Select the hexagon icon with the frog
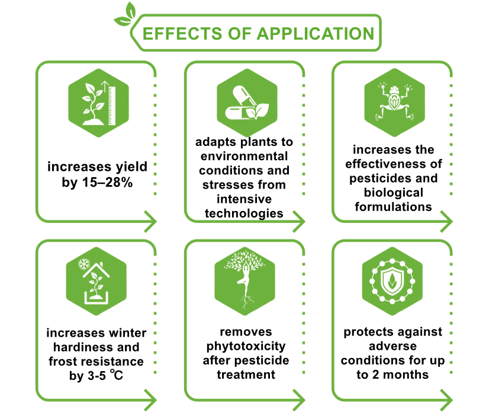tap(394, 103)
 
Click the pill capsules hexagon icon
tap(247, 103)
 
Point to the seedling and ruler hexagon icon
tap(99, 103)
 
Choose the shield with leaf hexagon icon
tap(392, 281)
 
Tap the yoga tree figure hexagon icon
tap(245, 281)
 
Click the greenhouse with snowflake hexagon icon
tap(96, 281)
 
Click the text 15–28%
tap(107, 182)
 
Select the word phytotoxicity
tap(246, 346)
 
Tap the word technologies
tap(244, 213)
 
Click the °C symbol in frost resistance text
tap(117, 375)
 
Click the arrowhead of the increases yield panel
tap(151, 222)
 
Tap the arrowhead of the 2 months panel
tap(447, 400)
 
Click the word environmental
tap(244, 156)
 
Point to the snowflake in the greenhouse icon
tap(84, 264)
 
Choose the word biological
tap(394, 193)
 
